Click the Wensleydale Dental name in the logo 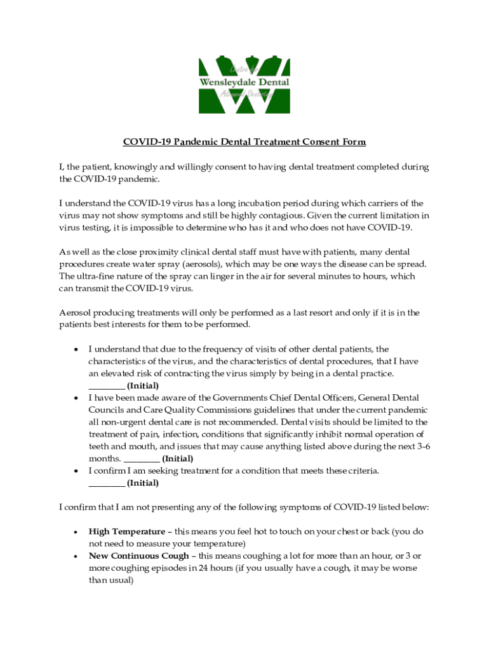click(245, 83)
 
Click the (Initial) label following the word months click(178, 458)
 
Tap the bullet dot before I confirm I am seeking click(76, 471)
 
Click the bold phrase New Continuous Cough click(138, 555)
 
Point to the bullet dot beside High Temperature click(76, 531)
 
